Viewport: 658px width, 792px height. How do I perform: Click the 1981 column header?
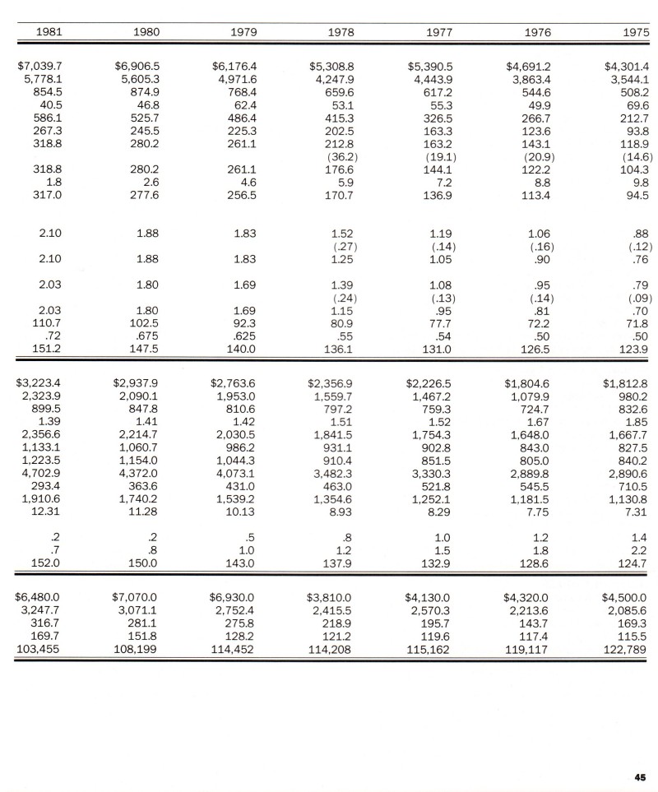point(49,32)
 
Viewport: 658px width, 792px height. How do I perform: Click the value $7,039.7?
point(39,66)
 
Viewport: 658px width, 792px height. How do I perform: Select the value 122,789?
point(626,649)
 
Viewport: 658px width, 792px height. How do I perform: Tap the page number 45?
point(641,776)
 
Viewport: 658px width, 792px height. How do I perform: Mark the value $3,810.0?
point(330,597)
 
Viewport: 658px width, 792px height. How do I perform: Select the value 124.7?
point(632,563)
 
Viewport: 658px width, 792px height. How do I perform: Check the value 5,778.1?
point(42,79)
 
